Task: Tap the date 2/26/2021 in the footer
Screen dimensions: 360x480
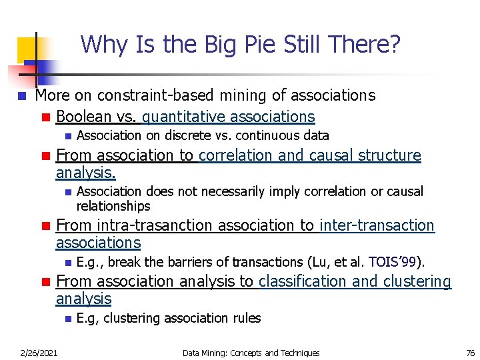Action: tap(39, 353)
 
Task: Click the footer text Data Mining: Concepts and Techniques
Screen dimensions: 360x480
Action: tap(251, 353)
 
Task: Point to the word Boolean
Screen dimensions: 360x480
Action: tap(84, 117)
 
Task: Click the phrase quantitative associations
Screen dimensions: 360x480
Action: tap(228, 117)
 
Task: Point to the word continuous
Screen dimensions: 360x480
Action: tap(261, 135)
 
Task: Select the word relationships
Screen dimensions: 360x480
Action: tap(113, 206)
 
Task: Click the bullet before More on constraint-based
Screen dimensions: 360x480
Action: tap(22, 96)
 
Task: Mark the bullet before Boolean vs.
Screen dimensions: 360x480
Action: tap(45, 117)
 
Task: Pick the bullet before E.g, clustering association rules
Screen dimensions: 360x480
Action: tap(67, 319)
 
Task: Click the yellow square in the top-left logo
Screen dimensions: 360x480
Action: tap(27, 48)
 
